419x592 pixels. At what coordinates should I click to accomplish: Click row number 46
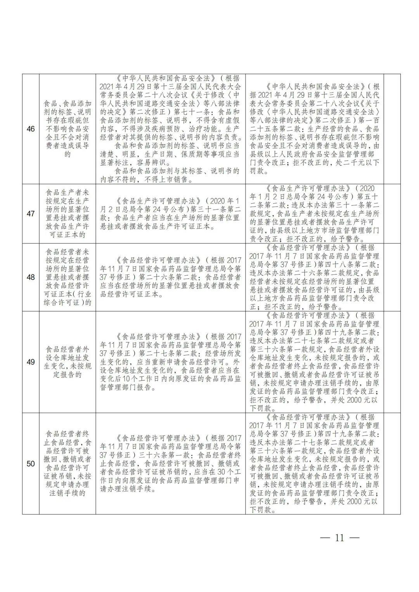pos(31,129)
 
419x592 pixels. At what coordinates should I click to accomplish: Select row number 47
pos(31,214)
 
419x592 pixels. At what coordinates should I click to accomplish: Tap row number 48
pos(31,277)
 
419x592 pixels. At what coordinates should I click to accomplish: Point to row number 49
pos(31,362)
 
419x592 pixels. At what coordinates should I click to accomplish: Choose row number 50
pos(31,463)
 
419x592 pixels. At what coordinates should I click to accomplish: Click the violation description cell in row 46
pos(68,129)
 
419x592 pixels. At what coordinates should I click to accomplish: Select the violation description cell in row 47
pos(68,214)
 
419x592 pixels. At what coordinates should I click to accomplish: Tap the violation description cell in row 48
pos(68,277)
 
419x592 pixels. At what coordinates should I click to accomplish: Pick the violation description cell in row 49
pos(68,362)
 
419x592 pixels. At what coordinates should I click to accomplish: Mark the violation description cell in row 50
pos(68,463)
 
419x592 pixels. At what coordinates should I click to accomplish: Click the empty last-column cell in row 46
pos(392,129)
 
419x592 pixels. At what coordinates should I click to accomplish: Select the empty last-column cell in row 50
pos(392,463)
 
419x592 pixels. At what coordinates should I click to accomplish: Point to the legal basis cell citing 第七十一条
pos(170,129)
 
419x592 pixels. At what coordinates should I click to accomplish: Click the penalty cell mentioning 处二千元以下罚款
pos(314,129)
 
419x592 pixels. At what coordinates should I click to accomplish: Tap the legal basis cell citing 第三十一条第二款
pos(170,214)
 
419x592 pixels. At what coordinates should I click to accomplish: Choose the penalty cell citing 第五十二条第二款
pos(314,214)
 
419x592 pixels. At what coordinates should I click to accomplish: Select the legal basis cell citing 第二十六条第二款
pos(170,277)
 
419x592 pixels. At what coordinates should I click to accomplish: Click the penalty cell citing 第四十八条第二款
pos(314,277)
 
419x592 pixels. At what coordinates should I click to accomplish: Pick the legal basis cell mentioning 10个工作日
pos(170,362)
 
